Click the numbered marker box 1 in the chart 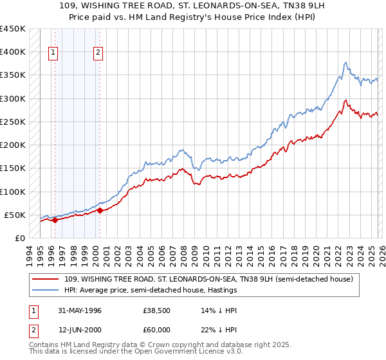pos(53,53)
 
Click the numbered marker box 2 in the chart pos(98,53)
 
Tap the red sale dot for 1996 pos(55,220)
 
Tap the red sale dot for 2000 pos(100,210)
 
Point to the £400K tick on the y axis pos(12,52)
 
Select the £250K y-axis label pos(12,122)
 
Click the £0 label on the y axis pos(19,239)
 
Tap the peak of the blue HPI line pos(346,62)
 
